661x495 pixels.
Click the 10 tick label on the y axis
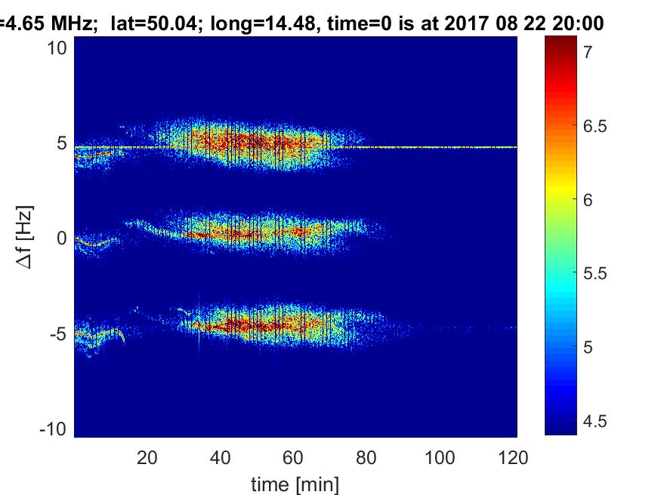[x=60, y=48]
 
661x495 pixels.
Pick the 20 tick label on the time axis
[x=147, y=457]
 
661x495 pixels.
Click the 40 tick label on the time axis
[x=221, y=457]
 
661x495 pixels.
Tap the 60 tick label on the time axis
[x=294, y=457]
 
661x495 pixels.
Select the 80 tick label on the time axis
[x=367, y=457]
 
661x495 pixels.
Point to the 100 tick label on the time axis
[x=440, y=457]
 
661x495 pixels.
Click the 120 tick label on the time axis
[x=514, y=457]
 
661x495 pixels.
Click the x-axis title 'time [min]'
[x=295, y=482]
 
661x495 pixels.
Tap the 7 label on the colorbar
[x=588, y=52]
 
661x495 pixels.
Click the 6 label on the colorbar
[x=588, y=200]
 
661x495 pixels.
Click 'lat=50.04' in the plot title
[x=153, y=24]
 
